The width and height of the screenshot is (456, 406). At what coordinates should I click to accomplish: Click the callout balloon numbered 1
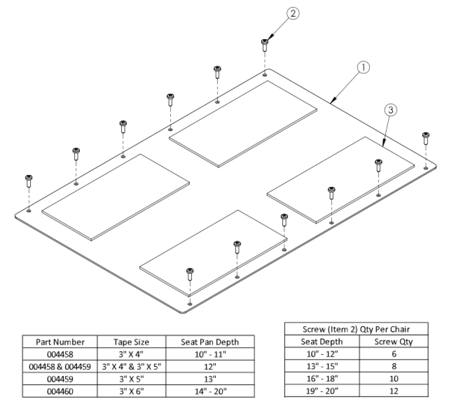click(x=363, y=68)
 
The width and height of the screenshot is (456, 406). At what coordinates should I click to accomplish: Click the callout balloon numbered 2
click(x=292, y=14)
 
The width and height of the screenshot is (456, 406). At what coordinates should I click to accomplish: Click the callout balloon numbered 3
click(x=390, y=110)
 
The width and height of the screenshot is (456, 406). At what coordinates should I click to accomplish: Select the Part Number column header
click(x=60, y=342)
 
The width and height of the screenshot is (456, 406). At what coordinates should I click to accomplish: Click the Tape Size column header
click(x=131, y=342)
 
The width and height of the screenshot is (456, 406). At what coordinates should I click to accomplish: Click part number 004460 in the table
click(x=60, y=391)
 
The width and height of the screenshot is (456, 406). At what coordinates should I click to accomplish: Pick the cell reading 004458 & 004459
click(x=60, y=366)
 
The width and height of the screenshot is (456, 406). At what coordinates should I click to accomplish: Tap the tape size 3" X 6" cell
click(x=131, y=391)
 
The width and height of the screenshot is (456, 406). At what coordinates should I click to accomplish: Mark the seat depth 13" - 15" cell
click(x=322, y=366)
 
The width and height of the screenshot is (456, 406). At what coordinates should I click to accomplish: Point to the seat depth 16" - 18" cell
click(x=322, y=378)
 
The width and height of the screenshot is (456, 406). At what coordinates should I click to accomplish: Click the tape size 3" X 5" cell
click(x=131, y=379)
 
